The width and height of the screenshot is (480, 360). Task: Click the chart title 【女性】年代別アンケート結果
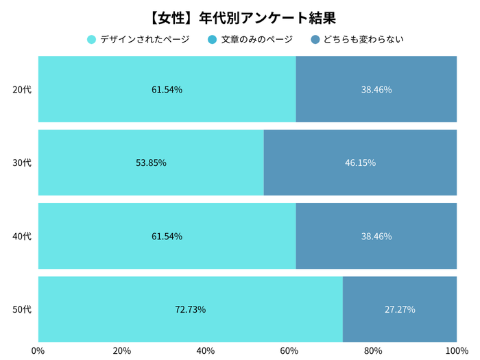coord(239,16)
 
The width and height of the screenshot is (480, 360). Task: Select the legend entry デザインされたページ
coord(138,39)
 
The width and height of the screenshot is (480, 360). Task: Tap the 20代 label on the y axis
coord(22,89)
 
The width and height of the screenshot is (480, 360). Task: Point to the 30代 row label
coord(22,163)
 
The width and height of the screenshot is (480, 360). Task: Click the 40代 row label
coord(22,236)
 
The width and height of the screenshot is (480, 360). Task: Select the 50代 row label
coord(22,309)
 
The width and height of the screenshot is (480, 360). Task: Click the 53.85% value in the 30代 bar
coord(151,163)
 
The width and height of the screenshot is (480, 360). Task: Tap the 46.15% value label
coord(360,163)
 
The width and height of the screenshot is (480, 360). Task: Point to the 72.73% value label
coord(190,309)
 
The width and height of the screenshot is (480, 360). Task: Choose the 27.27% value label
coord(399,309)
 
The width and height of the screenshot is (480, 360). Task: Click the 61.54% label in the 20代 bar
coord(167,89)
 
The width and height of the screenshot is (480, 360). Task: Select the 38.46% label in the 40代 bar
coord(376,236)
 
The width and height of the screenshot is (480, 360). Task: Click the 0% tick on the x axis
coord(38,350)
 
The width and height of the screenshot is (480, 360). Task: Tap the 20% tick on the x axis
coord(122,350)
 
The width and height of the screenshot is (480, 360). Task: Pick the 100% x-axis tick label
coord(455,350)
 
